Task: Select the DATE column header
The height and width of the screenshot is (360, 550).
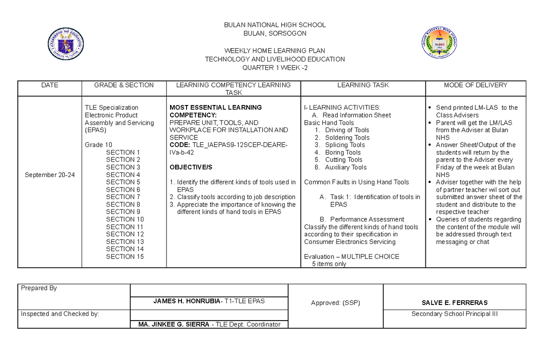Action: [49, 85]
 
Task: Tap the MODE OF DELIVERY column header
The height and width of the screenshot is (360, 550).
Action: [475, 85]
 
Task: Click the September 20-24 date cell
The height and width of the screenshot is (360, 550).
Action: [49, 175]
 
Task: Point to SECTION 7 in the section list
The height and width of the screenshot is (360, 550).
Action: [123, 197]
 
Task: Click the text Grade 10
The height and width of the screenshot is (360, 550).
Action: [99, 144]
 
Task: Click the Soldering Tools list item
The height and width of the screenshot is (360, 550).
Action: [347, 138]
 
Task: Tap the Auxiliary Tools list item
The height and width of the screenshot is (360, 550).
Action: [346, 167]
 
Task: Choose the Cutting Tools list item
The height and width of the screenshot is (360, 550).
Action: [343, 160]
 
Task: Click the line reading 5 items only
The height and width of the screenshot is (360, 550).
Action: [329, 264]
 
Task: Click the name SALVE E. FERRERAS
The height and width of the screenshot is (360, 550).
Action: [454, 303]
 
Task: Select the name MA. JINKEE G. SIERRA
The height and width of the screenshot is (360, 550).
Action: [170, 324]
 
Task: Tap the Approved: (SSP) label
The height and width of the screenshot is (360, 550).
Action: [335, 303]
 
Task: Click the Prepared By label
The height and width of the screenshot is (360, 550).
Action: [39, 288]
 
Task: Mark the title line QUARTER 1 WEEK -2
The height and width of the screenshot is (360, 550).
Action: [275, 68]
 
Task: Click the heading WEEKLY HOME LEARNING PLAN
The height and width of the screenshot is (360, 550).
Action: [275, 50]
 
